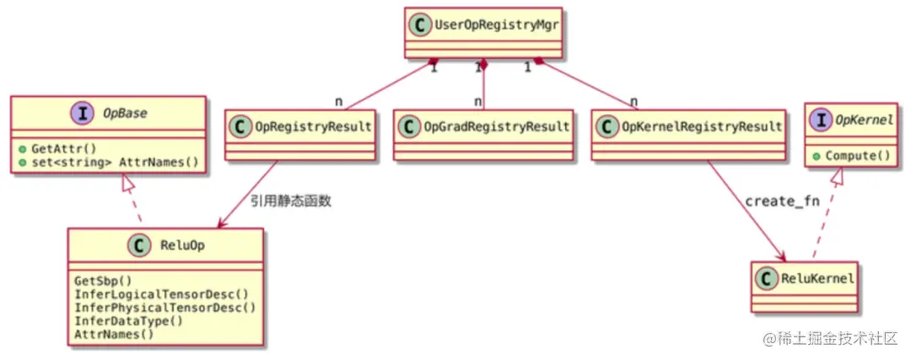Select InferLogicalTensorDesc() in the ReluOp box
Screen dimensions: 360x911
click(x=161, y=294)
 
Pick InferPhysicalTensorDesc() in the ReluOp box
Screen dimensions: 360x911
click(x=164, y=307)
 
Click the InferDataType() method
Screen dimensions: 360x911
click(x=129, y=320)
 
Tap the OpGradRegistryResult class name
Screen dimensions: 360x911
click(x=496, y=127)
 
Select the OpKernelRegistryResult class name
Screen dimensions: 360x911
click(x=701, y=127)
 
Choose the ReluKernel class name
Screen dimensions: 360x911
click(x=816, y=279)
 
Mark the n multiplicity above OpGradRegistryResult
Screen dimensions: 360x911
click(x=477, y=102)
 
